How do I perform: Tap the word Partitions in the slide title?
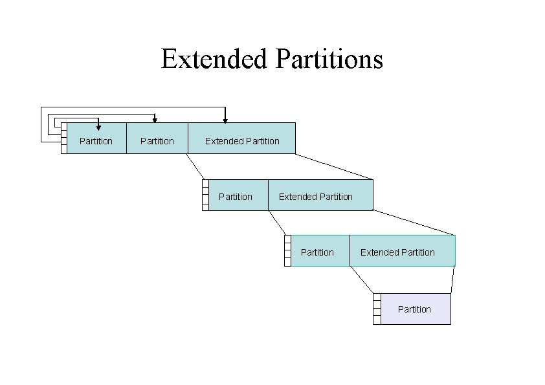coord(329,60)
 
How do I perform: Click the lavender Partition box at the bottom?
coord(415,309)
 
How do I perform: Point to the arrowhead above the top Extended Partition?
coord(225,119)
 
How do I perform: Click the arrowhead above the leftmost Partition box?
coord(98,127)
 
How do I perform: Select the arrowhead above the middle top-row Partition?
coord(155,119)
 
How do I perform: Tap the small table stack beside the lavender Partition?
coord(377,309)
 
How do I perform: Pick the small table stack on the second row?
coord(205,195)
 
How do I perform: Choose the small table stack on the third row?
coord(287,251)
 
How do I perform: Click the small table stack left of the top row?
coord(63,138)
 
